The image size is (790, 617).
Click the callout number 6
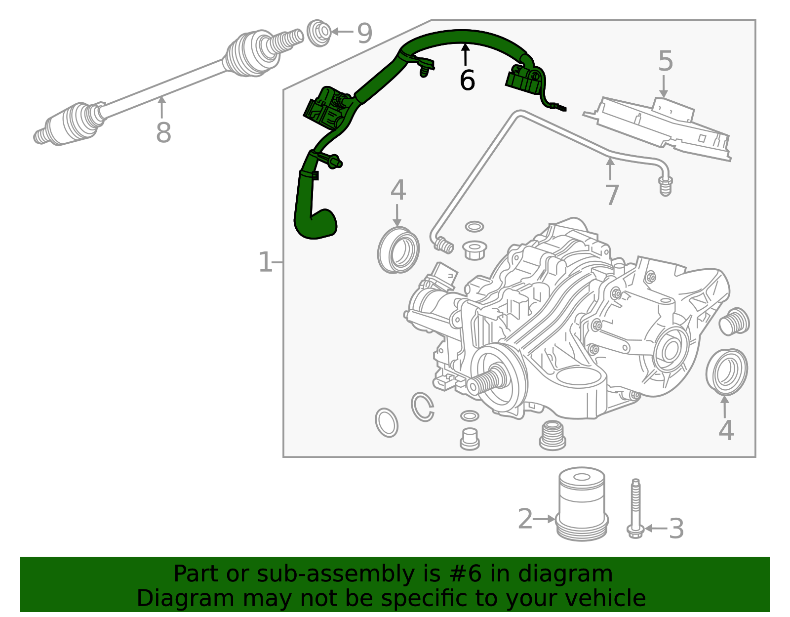point(467,81)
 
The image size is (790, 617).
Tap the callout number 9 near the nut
point(364,33)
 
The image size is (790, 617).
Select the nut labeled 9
point(319,33)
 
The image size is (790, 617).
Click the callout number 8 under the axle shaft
point(163,132)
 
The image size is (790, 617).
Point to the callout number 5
point(666,61)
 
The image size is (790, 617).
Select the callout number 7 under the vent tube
point(612,195)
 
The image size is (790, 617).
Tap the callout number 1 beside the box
point(265,262)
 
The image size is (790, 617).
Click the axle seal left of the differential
point(398,250)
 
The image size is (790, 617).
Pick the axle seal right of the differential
point(726,371)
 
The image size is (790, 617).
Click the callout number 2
point(525,519)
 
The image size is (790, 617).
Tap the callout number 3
point(676,529)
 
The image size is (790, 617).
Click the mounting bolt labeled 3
point(635,509)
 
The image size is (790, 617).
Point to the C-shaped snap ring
point(423,407)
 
